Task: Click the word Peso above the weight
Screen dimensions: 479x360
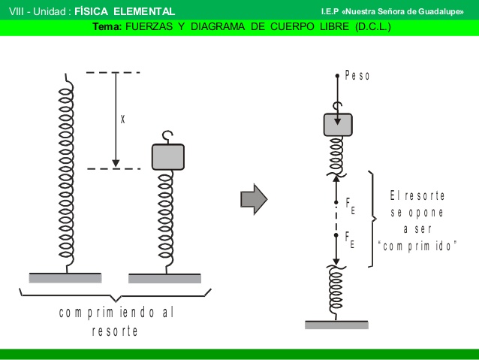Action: tap(357, 75)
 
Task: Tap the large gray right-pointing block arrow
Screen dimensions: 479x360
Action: tap(254, 199)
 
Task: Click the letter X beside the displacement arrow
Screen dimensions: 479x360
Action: tap(123, 119)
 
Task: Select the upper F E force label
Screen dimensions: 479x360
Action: tap(350, 206)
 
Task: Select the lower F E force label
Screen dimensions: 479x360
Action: tap(350, 240)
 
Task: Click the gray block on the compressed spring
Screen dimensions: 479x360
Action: tap(168, 157)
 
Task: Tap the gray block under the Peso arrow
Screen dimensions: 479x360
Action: tap(338, 125)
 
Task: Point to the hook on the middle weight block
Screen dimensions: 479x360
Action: tap(167, 137)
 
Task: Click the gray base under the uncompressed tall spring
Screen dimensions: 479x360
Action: tap(65, 278)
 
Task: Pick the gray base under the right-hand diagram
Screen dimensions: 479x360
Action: tap(336, 325)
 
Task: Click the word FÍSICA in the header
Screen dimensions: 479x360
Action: tap(91, 11)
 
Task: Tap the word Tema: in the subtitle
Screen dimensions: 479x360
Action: tap(107, 26)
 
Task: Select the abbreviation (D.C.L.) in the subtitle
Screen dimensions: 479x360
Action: tap(373, 26)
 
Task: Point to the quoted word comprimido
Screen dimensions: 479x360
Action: tap(417, 246)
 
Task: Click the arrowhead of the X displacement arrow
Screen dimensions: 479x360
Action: tap(116, 163)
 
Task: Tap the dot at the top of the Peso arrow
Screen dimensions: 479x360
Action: tap(337, 76)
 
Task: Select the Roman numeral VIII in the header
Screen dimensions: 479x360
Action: tap(17, 11)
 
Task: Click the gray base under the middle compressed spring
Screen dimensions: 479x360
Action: tap(164, 278)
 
